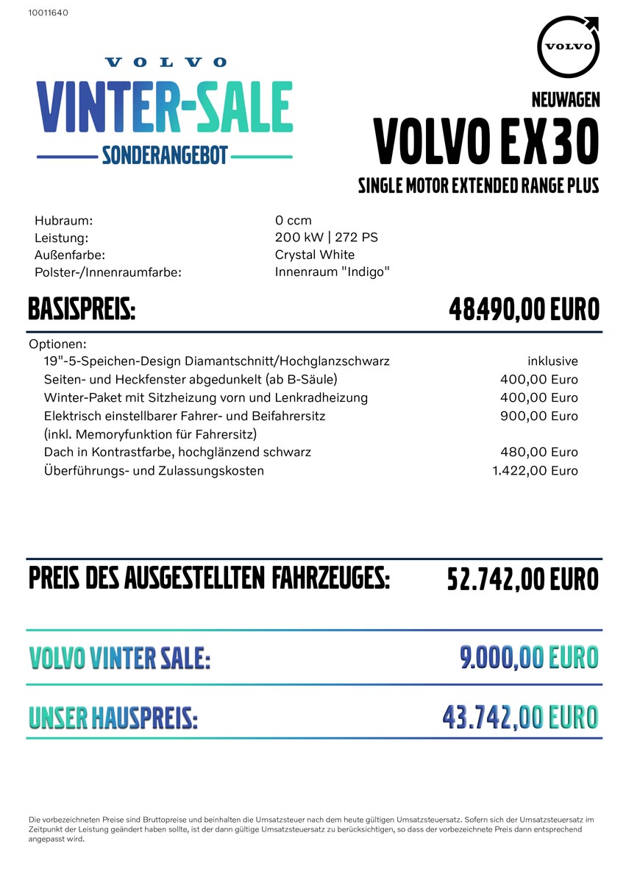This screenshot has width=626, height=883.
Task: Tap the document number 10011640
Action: click(x=48, y=13)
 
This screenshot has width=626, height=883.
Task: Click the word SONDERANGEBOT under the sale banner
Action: click(x=165, y=155)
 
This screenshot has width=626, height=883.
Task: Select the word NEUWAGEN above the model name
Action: click(x=565, y=99)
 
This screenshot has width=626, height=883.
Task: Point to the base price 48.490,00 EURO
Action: click(x=524, y=310)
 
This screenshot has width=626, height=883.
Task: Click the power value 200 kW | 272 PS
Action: click(x=326, y=237)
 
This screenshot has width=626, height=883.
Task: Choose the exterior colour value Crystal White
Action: click(x=314, y=255)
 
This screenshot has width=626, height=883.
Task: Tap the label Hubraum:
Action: click(x=63, y=220)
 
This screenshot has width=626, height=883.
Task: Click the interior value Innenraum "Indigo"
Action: click(x=332, y=272)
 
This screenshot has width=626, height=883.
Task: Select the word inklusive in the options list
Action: click(x=552, y=361)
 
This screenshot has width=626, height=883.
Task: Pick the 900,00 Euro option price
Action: click(x=538, y=416)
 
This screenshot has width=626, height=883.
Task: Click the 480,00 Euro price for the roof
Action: click(x=538, y=452)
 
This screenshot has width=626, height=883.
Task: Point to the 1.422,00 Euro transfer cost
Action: click(x=535, y=470)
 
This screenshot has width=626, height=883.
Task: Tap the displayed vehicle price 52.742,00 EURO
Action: click(x=522, y=580)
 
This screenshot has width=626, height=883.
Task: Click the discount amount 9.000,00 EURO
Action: click(x=529, y=657)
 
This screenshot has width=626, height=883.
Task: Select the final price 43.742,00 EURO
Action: click(x=520, y=717)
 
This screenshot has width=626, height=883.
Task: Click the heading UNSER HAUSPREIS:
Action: click(x=113, y=717)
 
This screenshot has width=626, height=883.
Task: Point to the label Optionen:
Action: click(x=58, y=344)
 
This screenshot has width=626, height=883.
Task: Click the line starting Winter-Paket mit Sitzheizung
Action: click(x=206, y=397)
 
